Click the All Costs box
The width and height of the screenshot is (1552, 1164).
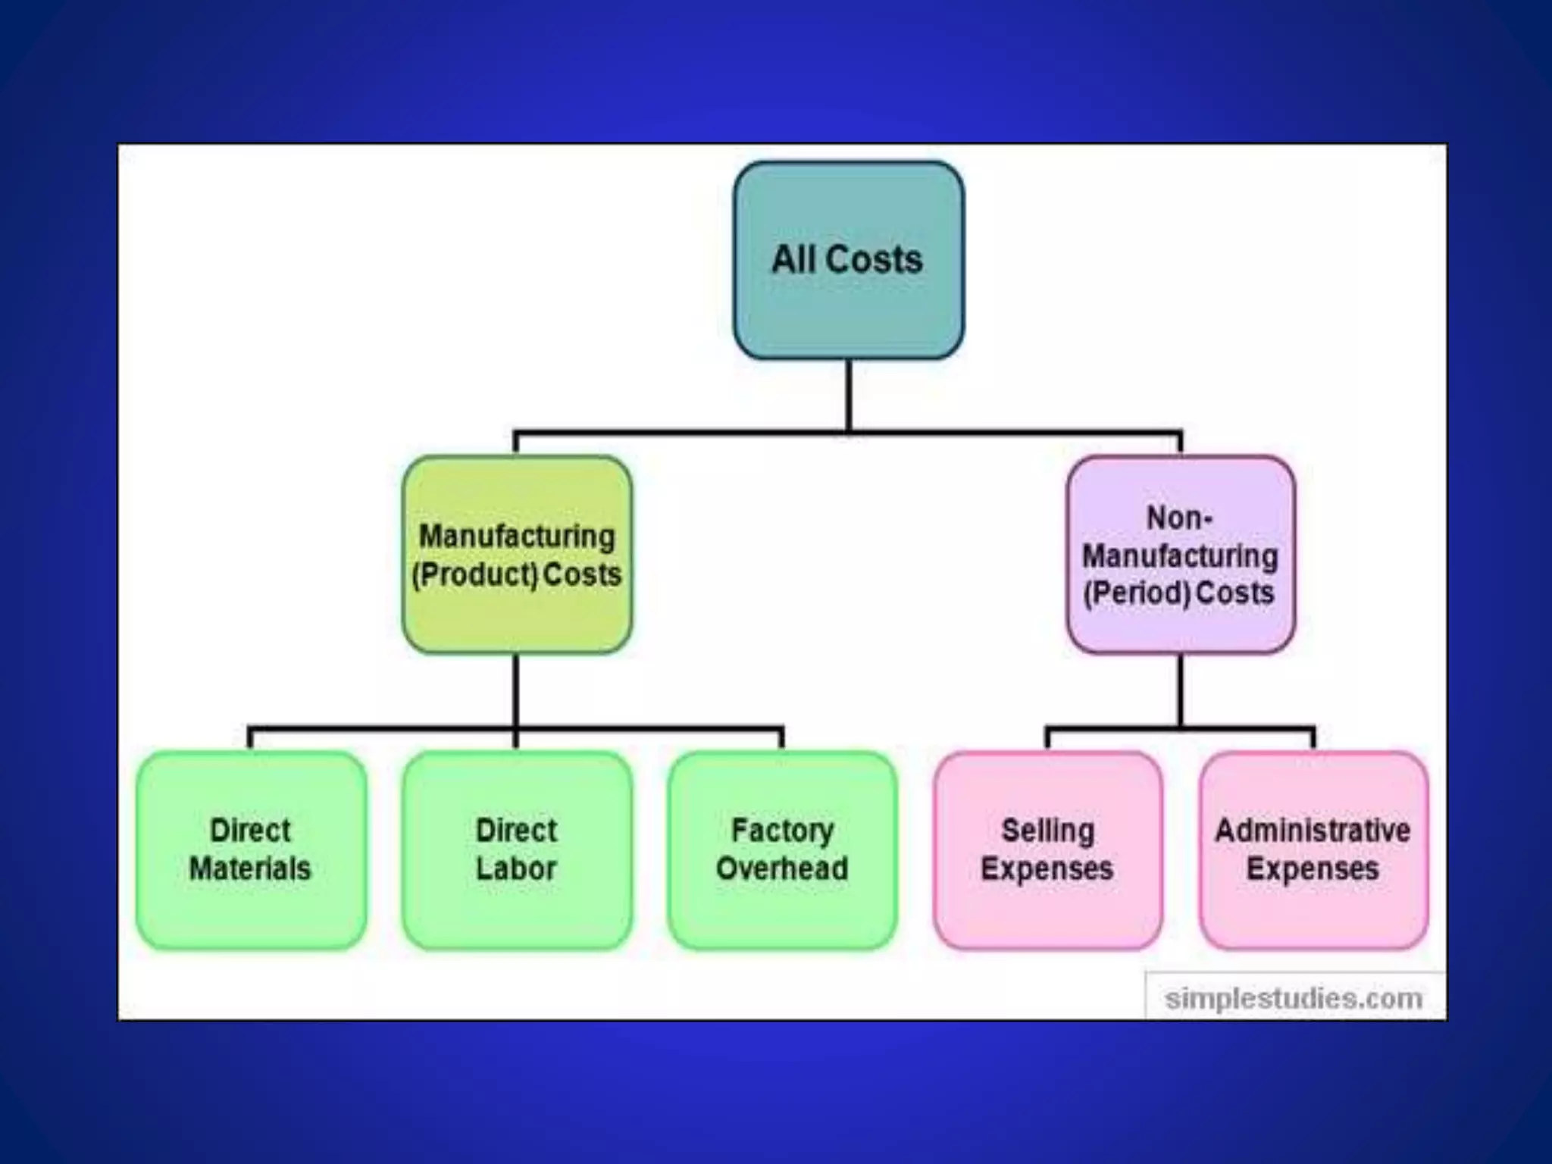pos(848,260)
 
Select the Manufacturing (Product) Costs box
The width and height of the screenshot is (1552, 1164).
pos(517,555)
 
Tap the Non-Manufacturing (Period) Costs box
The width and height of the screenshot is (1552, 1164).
pos(1180,555)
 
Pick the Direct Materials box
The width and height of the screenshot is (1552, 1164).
pos(251,850)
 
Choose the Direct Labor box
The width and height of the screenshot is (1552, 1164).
pos(517,850)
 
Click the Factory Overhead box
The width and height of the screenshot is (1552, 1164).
pos(782,850)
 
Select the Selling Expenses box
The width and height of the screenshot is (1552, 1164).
pos(1047,850)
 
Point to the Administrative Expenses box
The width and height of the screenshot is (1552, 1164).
pos(1313,850)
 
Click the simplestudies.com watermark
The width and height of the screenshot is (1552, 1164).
pos(1294,998)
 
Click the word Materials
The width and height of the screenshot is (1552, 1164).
pos(250,868)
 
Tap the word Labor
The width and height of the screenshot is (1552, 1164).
pos(516,868)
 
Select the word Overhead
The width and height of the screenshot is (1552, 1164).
pos(782,868)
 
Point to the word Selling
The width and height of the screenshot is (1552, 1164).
pos(1048,831)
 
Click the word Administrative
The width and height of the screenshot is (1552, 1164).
pos(1313,831)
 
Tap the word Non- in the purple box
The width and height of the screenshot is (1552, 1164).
pos(1179,518)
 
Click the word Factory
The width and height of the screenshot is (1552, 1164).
pos(782,831)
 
